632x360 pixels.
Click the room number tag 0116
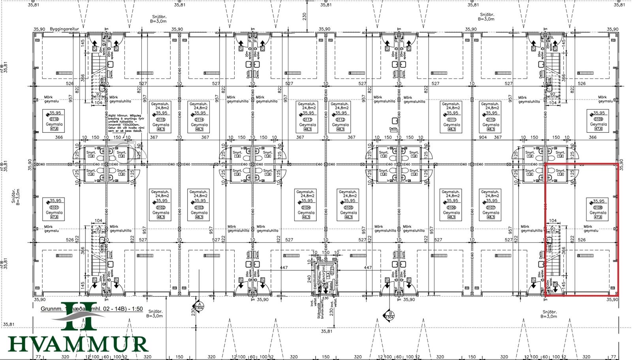[54, 119]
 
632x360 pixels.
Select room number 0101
[54, 207]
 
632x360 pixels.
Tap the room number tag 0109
[598, 119]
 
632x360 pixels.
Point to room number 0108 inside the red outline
[598, 207]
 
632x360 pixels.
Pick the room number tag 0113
[307, 119]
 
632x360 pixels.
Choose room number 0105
[348, 207]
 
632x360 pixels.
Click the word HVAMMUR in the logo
[78, 344]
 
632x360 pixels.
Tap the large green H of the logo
[79, 316]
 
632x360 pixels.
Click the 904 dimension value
[483, 137]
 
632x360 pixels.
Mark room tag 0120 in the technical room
[332, 271]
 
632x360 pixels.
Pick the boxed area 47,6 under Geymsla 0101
[54, 217]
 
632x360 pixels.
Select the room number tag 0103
[199, 207]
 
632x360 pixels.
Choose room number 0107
[491, 207]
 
